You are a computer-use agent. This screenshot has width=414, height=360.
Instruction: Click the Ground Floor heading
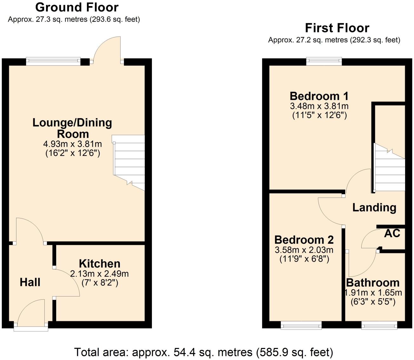77,7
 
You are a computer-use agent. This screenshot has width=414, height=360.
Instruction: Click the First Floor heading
337,28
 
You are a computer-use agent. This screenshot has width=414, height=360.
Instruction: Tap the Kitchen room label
99,263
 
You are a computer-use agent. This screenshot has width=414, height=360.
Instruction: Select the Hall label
30,282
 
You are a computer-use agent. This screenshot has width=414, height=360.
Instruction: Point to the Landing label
374,207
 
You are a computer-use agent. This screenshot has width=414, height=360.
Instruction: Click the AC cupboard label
392,233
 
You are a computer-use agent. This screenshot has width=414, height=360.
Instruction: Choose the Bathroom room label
373,283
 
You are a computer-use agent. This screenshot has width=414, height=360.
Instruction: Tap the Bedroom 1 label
319,96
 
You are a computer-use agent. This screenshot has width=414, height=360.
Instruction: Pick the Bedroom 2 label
304,239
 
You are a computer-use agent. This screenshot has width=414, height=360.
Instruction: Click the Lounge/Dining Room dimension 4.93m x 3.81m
73,144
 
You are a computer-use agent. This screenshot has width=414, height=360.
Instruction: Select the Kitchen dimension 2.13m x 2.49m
99,273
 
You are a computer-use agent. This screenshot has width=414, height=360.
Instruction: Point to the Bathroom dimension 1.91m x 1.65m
373,292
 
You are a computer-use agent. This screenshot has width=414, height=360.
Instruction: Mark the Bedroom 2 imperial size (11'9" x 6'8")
304,259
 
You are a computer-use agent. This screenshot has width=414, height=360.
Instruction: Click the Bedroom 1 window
324,61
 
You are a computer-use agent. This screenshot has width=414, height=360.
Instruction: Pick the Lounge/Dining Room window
53,61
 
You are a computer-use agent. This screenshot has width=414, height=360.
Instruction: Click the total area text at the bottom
203,352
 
